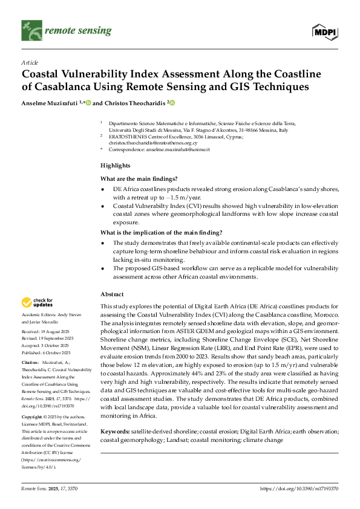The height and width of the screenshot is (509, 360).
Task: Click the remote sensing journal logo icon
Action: (29, 27)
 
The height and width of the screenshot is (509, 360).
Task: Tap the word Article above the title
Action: (29, 62)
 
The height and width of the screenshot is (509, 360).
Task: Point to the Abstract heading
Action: (112, 294)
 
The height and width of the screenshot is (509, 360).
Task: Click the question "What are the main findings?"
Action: (139, 178)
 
